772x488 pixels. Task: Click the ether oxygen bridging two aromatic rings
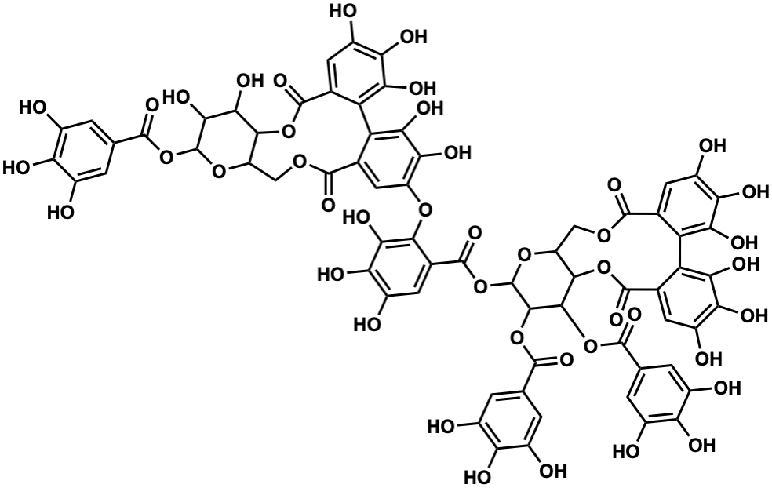(424, 211)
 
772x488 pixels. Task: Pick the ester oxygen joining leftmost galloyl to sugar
(166, 157)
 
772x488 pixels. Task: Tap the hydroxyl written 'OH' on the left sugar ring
(249, 81)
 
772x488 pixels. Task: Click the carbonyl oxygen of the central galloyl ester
(475, 233)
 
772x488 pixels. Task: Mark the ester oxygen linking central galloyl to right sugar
(479, 285)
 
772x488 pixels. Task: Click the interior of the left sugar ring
(228, 141)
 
